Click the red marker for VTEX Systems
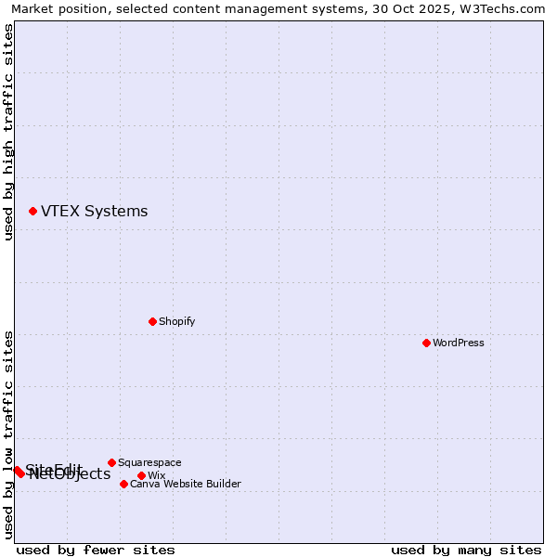(x=32, y=212)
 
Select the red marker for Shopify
(x=152, y=321)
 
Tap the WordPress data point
(x=426, y=343)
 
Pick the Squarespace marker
(x=111, y=462)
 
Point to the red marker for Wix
(x=141, y=475)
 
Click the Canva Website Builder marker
(x=123, y=484)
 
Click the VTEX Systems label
(x=94, y=211)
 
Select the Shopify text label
(x=176, y=321)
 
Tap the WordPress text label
(x=459, y=343)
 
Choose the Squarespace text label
(x=149, y=462)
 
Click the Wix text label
(x=156, y=475)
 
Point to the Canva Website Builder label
(x=186, y=484)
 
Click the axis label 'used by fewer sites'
(x=96, y=550)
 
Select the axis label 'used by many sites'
(x=466, y=550)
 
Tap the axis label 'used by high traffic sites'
(x=9, y=132)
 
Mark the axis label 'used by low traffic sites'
(x=9, y=434)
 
